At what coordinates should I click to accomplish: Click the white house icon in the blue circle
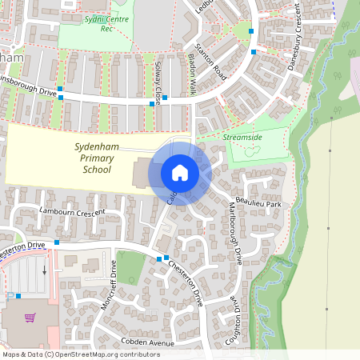pyautogui.click(x=179, y=172)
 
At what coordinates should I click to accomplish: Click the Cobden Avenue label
pyautogui.click(x=147, y=342)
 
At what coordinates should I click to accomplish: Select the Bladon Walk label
pyautogui.click(x=191, y=80)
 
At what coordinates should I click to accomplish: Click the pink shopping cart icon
pyautogui.click(x=30, y=318)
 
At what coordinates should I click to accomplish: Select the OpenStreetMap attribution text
pyautogui.click(x=81, y=354)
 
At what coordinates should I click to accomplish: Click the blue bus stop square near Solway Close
pyautogui.click(x=151, y=104)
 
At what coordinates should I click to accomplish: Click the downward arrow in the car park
pyautogui.click(x=45, y=270)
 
